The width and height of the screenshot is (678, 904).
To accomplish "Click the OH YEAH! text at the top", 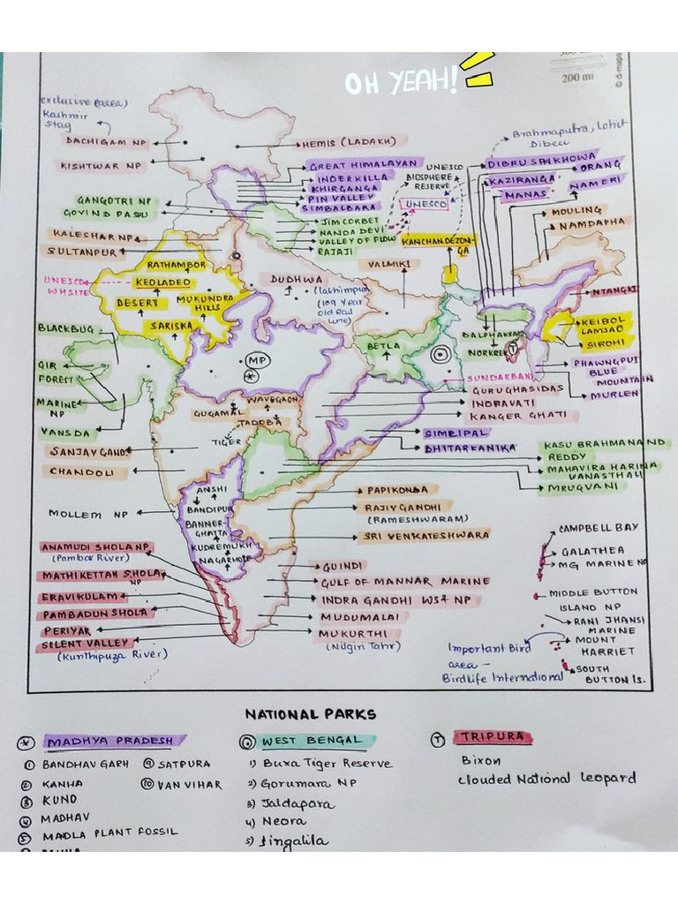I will pyautogui.click(x=402, y=82).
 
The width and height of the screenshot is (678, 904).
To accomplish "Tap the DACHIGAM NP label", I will pyautogui.click(x=105, y=141).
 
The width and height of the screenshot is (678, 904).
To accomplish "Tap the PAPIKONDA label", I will pyautogui.click(x=391, y=490).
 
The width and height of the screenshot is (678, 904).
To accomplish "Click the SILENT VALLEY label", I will pyautogui.click(x=87, y=644).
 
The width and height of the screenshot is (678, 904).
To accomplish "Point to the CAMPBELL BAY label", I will pyautogui.click(x=598, y=528).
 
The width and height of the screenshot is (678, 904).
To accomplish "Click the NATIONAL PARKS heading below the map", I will pyautogui.click(x=310, y=714).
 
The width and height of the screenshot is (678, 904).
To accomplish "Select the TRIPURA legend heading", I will pyautogui.click(x=491, y=737).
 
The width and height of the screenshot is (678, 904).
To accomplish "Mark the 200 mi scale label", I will pyautogui.click(x=576, y=79).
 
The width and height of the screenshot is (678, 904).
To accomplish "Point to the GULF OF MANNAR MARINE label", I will pyautogui.click(x=404, y=582).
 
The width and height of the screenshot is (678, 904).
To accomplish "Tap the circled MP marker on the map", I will pyautogui.click(x=257, y=362).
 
